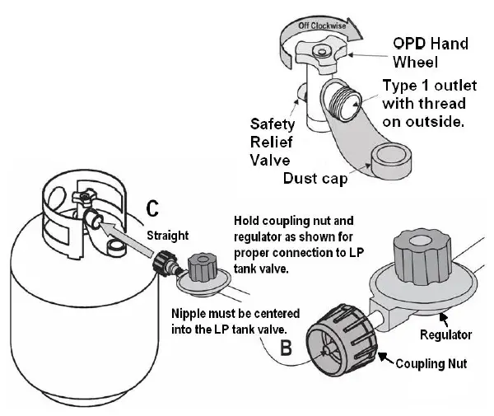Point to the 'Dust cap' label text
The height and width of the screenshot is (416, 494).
314,177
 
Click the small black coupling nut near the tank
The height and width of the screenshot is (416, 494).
160,263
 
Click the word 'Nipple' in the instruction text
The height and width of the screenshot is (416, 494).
189,314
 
